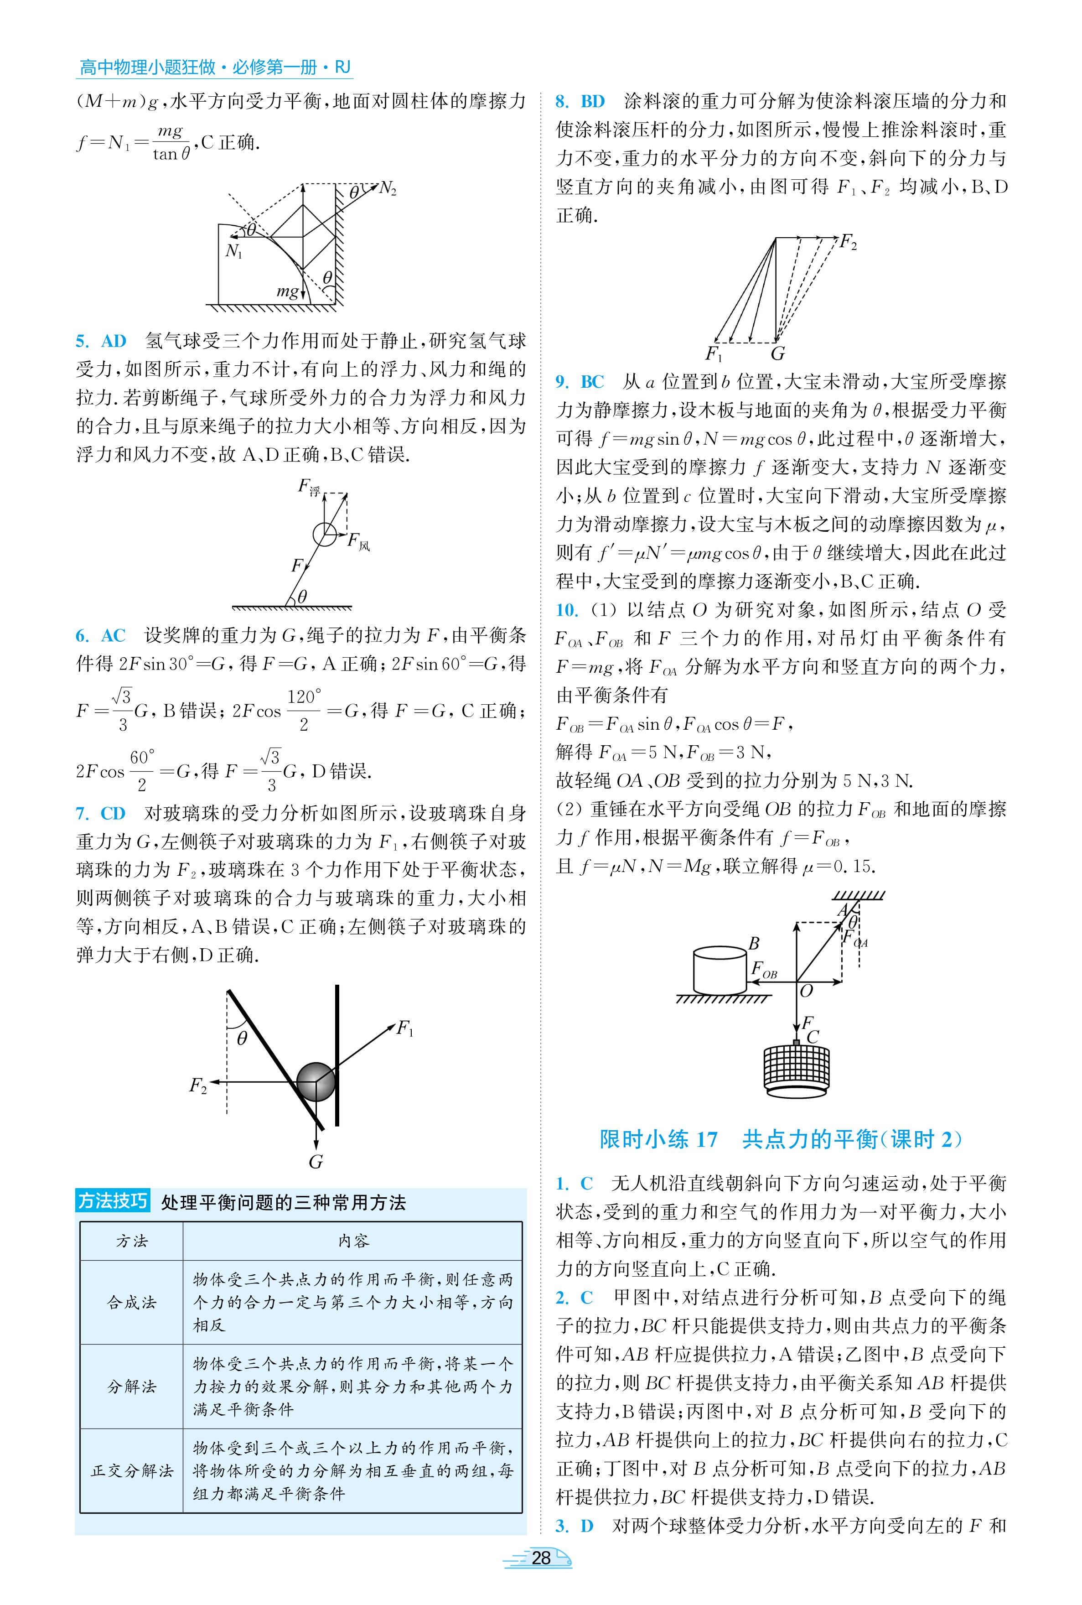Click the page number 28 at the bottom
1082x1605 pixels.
(x=541, y=1558)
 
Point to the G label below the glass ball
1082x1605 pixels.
(x=316, y=1162)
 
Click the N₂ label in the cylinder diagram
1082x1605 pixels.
(x=388, y=188)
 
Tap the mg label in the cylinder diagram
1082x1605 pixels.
(x=288, y=291)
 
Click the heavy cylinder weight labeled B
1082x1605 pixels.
(x=719, y=969)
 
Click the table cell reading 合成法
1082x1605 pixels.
(x=132, y=1302)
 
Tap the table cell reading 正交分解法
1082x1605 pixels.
(x=132, y=1470)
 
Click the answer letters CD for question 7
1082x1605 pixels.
(x=113, y=814)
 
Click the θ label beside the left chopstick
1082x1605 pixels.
(x=242, y=1038)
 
